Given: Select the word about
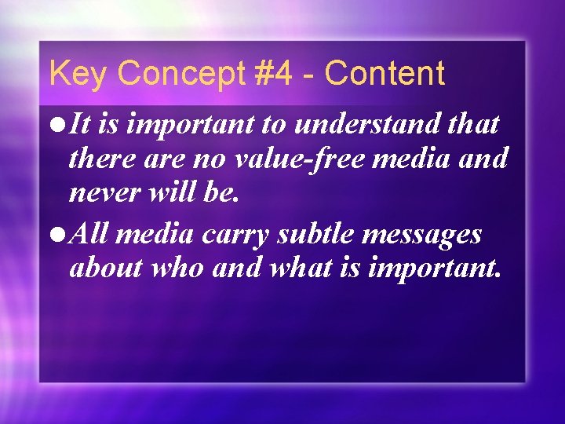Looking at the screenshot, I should pos(105,269).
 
